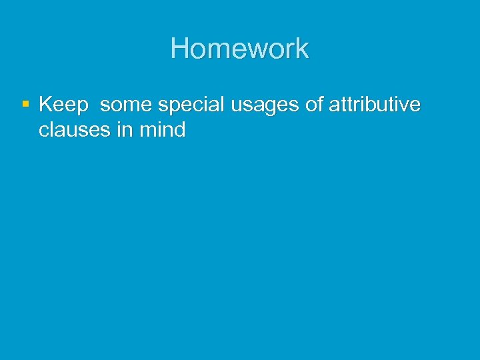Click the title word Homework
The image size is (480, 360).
[x=239, y=49]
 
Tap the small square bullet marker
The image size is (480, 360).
[x=25, y=104]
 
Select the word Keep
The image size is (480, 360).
[x=63, y=105]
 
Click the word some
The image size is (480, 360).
[x=127, y=105]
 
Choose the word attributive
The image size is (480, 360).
[x=374, y=105]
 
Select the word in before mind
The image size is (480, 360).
[x=125, y=130]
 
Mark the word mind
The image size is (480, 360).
[x=162, y=130]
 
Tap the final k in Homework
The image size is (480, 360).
[x=302, y=49]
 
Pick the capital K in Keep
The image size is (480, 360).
[x=45, y=105]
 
